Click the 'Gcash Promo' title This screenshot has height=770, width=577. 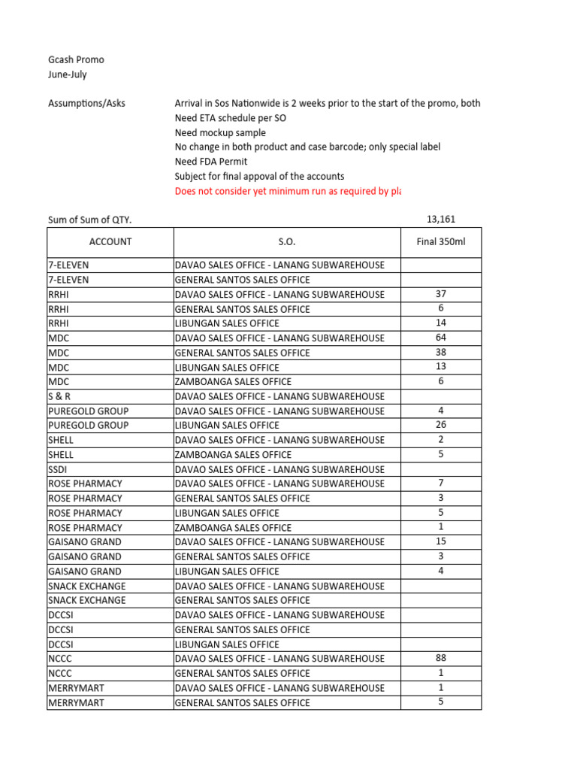pos(76,59)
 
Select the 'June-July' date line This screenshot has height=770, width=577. pos(67,74)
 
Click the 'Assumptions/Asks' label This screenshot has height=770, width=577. pos(86,103)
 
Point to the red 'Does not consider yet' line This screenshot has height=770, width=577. pos(288,191)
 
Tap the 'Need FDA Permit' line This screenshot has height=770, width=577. pos(210,162)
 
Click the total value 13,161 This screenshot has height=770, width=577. pos(440,220)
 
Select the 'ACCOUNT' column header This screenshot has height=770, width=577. pos(110,241)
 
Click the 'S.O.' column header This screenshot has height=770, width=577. pos(287,241)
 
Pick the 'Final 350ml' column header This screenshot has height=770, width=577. pos(441,241)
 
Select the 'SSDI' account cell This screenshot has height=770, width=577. pos(57,469)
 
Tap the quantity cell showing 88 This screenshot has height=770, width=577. pos(441,658)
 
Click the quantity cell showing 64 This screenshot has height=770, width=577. pos(441,338)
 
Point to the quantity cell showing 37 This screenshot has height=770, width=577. pos(441,294)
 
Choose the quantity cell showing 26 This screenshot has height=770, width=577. pos(441,425)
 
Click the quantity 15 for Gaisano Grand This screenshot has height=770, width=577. pos(441,541)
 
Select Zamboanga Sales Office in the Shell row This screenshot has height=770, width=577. pos(233,454)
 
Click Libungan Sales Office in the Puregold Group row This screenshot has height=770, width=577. pos(227,426)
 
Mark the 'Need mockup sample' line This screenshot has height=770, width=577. pos(220,132)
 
